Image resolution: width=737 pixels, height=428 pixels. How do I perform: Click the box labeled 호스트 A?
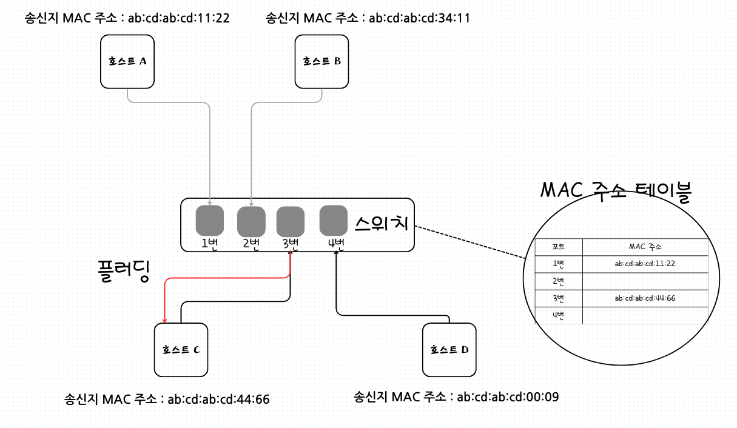pyautogui.click(x=127, y=61)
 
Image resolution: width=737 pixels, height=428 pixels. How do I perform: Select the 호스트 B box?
pyautogui.click(x=321, y=61)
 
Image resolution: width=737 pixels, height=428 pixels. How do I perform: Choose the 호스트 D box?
pyautogui.click(x=449, y=349)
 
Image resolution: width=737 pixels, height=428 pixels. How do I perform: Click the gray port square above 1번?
pyautogui.click(x=210, y=221)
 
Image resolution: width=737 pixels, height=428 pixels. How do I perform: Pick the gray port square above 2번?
pyautogui.click(x=251, y=221)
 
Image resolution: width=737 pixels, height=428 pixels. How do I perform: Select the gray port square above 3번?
pyautogui.click(x=291, y=221)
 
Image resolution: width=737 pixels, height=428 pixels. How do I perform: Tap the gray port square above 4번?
pyautogui.click(x=334, y=220)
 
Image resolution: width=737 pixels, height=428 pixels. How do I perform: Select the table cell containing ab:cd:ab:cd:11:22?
pyautogui.click(x=645, y=264)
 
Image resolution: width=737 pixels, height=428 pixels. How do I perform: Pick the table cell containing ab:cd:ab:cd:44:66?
pyautogui.click(x=645, y=298)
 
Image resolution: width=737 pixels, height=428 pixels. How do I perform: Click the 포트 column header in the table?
pyautogui.click(x=559, y=247)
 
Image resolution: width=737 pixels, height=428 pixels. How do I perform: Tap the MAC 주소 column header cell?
pyautogui.click(x=645, y=247)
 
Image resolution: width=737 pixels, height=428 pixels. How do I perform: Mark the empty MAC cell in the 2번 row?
pyautogui.click(x=645, y=281)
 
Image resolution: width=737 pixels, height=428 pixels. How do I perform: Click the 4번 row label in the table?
pyautogui.click(x=559, y=315)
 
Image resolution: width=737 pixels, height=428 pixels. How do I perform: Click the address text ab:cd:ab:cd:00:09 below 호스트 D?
pyautogui.click(x=508, y=398)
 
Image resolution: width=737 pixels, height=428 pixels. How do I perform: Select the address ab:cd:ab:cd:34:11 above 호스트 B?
pyautogui.click(x=419, y=18)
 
